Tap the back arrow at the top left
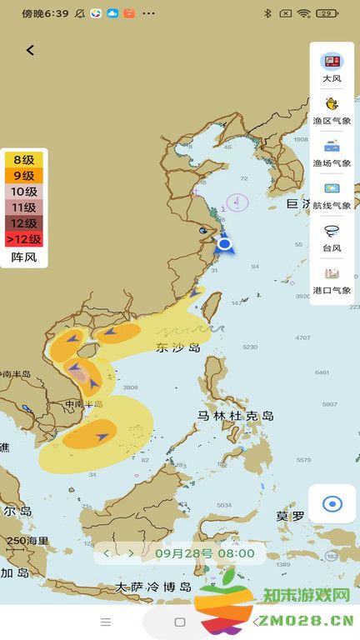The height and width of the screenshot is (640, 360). click(30, 50)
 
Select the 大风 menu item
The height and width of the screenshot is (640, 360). click(332, 67)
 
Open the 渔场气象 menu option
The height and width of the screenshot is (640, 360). click(332, 152)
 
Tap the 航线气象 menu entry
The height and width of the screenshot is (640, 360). click(332, 195)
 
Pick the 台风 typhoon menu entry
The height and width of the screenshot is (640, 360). click(332, 237)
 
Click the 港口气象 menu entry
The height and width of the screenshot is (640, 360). click(332, 280)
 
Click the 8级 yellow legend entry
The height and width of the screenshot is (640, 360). click(23, 160)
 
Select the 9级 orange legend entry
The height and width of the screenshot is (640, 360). click(23, 176)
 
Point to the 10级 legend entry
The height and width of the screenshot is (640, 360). click(23, 192)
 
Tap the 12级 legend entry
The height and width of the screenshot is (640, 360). click(23, 223)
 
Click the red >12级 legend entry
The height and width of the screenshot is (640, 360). click(23, 239)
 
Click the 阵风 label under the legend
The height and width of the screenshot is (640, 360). click(23, 257)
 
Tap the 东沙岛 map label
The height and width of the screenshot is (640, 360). click(178, 347)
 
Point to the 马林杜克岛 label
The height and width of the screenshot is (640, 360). click(236, 415)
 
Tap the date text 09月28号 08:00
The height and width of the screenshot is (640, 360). click(204, 552)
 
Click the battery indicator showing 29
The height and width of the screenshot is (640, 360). click(327, 13)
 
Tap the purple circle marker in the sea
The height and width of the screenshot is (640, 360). click(237, 201)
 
